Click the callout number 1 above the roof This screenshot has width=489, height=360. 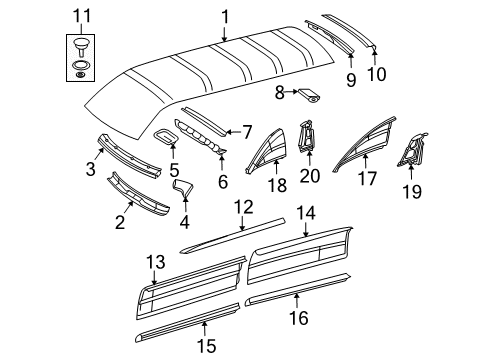224,15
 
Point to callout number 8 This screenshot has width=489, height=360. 280,93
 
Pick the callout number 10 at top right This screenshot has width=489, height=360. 375,72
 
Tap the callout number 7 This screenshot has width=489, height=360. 246,131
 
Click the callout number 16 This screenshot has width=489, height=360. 323,320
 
